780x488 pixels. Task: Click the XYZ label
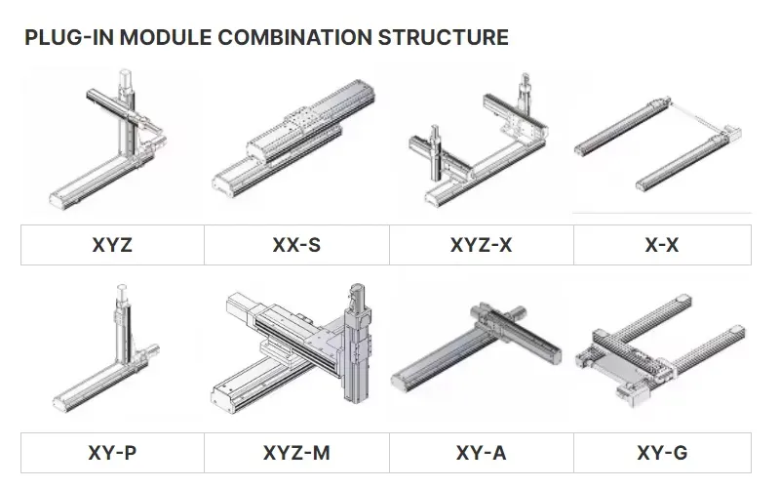[x=111, y=245]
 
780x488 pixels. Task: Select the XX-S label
[x=296, y=245]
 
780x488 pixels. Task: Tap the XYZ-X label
[x=481, y=245]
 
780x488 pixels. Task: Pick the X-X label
[x=662, y=245]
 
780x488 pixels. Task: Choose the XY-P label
[x=111, y=453]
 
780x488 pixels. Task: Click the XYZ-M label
[x=296, y=453]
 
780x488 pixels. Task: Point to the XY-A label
[x=481, y=453]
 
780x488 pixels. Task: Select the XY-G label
[x=662, y=453]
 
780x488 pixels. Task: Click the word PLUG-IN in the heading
[x=64, y=38]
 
